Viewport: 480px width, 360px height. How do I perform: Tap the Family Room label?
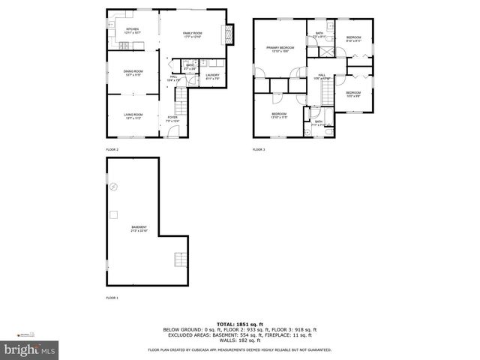pos(193,34)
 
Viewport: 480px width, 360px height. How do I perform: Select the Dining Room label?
pos(133,73)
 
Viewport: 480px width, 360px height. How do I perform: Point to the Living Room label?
pos(133,116)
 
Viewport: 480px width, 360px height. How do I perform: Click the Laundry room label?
pos(212,76)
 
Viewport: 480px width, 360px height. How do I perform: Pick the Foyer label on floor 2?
pos(173,118)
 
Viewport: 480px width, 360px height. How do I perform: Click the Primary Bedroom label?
pos(280,49)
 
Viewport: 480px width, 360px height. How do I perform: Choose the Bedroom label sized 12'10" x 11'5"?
pos(280,116)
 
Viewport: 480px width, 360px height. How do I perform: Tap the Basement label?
pos(139,228)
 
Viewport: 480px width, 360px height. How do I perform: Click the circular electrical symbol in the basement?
pos(114,187)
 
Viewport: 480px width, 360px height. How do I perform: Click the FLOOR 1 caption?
pos(112,297)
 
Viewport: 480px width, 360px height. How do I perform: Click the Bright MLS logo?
pos(30,349)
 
